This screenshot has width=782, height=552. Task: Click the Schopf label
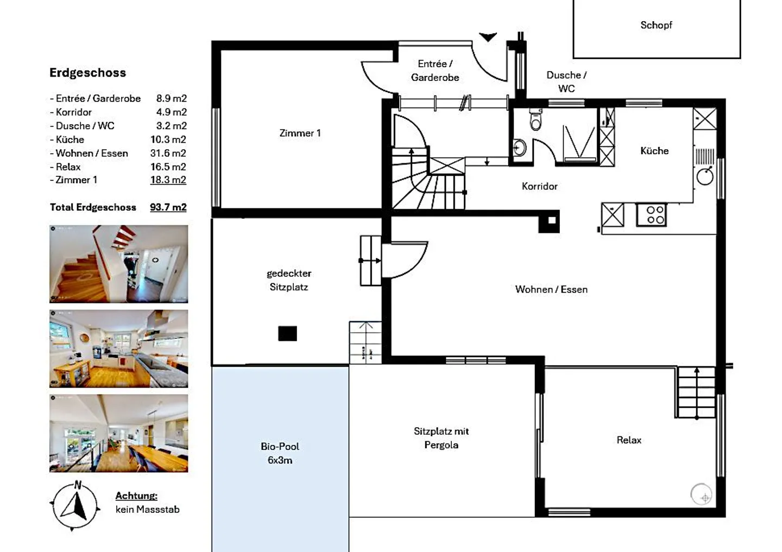656,25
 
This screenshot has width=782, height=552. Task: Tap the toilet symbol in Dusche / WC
536,120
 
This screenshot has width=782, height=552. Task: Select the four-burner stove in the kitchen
651,214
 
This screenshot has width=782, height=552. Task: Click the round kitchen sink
705,176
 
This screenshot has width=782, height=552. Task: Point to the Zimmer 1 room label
300,133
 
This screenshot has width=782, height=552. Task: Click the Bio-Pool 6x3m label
280,453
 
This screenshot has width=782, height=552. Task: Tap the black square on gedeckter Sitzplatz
287,333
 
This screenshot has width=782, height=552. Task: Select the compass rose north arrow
75,505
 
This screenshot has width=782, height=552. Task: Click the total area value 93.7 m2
168,207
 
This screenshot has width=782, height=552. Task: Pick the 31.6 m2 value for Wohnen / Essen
168,153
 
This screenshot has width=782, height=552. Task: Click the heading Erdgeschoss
87,73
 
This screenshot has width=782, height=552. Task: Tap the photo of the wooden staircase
118,264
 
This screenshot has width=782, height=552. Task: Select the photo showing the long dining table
118,433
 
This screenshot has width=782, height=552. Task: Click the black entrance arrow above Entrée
488,37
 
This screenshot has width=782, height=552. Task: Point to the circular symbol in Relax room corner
701,494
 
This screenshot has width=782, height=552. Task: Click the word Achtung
136,496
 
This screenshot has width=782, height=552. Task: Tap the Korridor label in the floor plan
539,186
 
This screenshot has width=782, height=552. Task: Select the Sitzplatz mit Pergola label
441,438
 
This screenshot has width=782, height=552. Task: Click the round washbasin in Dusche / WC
519,148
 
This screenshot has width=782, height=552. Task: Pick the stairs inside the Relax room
696,392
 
